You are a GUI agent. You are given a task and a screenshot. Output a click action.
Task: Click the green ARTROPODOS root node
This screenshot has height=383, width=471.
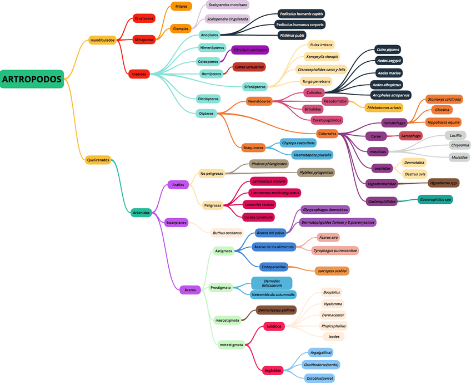point(32,79)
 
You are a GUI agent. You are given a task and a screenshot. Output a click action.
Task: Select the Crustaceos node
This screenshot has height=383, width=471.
point(144,18)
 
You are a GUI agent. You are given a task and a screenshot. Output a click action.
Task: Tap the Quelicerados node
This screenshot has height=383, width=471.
point(98,160)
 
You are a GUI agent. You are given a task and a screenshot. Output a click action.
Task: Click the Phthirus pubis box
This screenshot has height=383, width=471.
point(293,36)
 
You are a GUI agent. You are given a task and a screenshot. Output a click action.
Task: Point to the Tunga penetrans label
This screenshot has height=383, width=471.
point(316,81)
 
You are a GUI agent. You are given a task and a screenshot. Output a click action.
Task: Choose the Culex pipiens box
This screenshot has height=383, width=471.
point(388,50)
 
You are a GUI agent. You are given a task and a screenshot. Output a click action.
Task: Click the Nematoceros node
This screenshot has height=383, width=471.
point(260,101)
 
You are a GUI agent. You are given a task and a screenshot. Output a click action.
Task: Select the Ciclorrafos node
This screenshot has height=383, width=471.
point(327,134)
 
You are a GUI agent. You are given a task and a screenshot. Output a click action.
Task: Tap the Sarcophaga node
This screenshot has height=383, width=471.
point(411,136)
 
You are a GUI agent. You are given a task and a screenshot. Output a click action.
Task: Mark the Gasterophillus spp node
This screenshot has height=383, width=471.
point(435,199)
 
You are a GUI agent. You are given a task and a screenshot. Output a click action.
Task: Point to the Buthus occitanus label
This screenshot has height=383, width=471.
point(227,233)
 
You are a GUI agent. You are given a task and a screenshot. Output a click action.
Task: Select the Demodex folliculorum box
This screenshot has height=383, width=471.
point(272,283)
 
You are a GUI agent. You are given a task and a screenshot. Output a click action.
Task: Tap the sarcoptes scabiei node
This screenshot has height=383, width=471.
point(332,271)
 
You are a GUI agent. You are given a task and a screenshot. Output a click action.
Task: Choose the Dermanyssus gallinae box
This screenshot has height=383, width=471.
point(276,310)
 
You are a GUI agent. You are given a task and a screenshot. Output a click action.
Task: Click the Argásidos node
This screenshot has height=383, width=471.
point(273,370)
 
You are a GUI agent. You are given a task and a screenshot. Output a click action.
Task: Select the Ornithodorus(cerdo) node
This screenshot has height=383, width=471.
point(321,365)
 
